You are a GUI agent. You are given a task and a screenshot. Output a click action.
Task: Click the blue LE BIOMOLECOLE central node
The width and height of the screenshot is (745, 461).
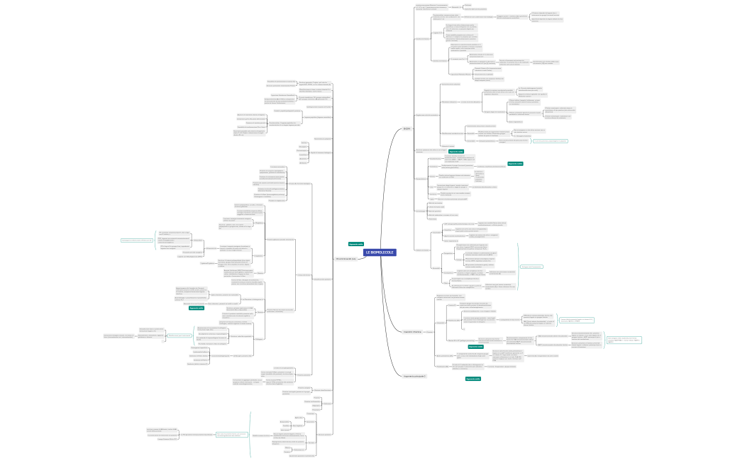tap(380, 252)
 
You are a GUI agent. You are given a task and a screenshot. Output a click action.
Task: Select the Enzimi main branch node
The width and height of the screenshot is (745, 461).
tap(407, 128)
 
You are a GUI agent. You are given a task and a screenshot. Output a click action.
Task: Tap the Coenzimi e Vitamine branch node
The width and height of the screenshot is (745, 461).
tap(412, 332)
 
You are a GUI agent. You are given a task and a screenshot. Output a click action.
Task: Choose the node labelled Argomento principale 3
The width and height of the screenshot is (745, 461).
tap(414, 376)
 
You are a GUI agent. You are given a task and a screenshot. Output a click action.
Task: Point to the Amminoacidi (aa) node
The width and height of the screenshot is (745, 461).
tap(346, 259)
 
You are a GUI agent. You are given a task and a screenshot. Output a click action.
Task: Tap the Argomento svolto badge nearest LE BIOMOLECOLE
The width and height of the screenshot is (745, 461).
tap(356, 244)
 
